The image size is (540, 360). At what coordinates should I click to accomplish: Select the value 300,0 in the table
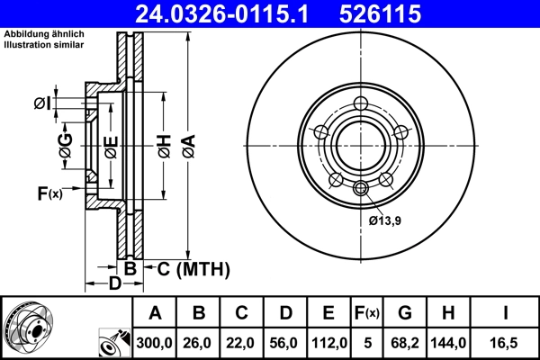click(x=155, y=343)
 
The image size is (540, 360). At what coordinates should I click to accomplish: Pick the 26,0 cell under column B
click(x=199, y=343)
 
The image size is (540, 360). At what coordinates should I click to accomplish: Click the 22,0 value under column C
click(x=242, y=343)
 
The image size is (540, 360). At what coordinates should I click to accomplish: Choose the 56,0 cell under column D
click(x=285, y=343)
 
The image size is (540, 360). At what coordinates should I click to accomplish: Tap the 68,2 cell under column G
click(x=406, y=343)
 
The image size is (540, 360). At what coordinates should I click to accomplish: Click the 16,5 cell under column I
click(x=507, y=343)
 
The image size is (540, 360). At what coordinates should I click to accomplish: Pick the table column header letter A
click(x=155, y=314)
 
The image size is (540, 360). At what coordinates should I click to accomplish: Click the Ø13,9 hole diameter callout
click(x=385, y=218)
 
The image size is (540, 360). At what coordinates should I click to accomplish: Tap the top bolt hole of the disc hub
click(x=361, y=103)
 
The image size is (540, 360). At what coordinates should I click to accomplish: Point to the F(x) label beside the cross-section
click(x=49, y=193)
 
